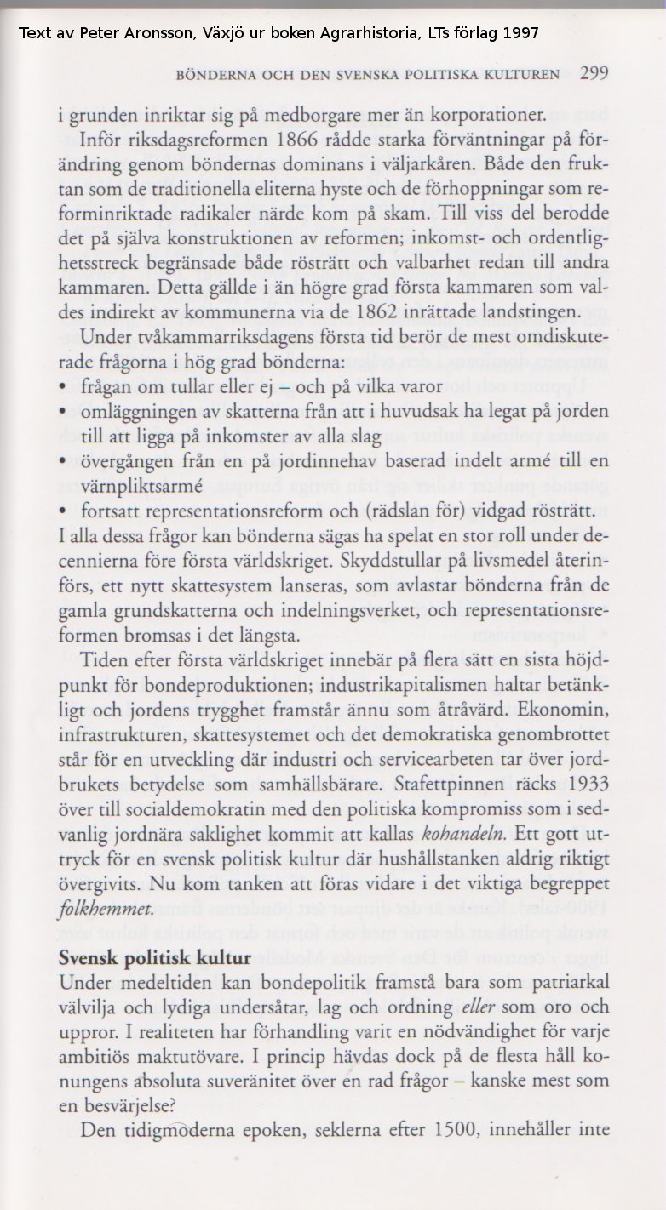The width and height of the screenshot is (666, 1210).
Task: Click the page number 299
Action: click(594, 73)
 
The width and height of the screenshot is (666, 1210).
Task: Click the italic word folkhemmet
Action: click(105, 907)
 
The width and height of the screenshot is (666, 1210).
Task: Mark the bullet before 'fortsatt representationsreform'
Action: click(65, 512)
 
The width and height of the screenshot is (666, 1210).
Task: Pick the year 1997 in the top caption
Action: click(520, 33)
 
